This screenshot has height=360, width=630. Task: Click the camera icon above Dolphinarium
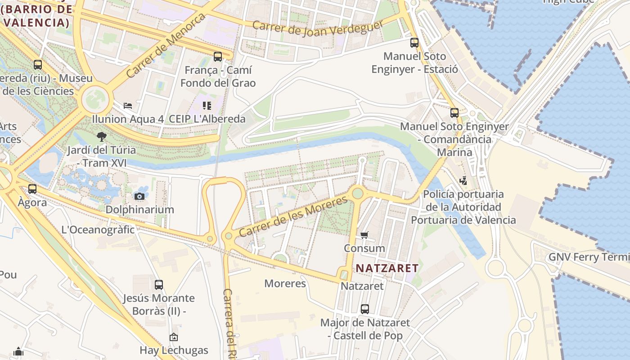click(x=139, y=196)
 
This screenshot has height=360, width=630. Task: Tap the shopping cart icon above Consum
click(x=364, y=235)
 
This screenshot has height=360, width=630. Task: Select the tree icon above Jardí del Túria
click(x=102, y=136)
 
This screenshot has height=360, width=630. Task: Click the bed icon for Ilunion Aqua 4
click(x=128, y=106)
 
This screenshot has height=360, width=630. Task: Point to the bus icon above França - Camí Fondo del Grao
click(x=218, y=57)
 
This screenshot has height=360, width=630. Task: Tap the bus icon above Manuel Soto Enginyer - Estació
click(x=414, y=43)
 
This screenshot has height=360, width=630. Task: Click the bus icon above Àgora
click(x=32, y=189)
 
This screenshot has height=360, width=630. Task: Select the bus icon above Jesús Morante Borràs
click(x=158, y=285)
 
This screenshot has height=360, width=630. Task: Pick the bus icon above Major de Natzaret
click(x=364, y=309)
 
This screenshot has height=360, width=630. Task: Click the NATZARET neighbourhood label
click(x=387, y=268)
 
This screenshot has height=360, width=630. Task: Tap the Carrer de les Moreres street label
click(x=293, y=216)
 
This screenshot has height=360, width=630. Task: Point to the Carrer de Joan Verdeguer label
click(x=317, y=28)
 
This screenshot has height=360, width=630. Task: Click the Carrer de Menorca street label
click(x=165, y=45)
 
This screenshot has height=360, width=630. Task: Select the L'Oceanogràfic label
click(x=98, y=229)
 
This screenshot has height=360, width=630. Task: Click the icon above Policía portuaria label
click(x=463, y=181)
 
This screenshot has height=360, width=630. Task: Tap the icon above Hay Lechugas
click(x=173, y=337)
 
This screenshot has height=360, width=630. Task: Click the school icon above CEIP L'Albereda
click(x=207, y=106)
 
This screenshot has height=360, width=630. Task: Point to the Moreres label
click(x=285, y=283)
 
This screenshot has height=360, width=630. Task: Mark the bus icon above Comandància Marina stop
click(x=454, y=113)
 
